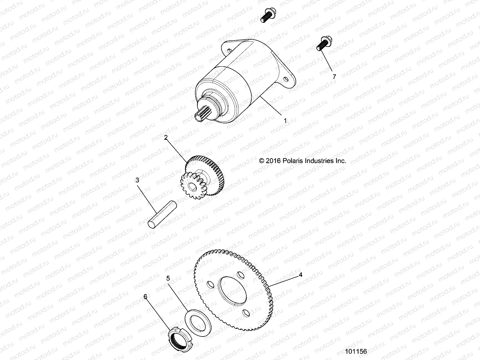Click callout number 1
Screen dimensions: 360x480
pos(285,121)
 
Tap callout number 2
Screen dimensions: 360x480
pos(166,138)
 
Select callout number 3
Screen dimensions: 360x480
pos(137,180)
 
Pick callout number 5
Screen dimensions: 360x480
pos(168,278)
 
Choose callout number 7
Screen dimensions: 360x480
pos(334,76)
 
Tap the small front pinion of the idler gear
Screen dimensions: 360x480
pos(190,184)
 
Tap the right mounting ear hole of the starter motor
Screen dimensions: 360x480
pos(286,79)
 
